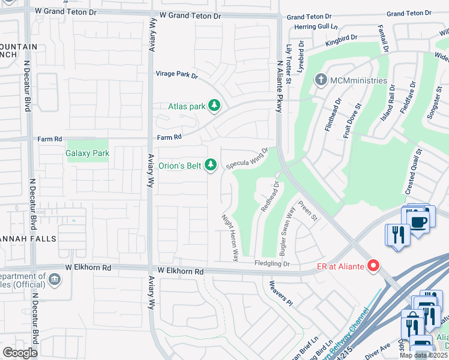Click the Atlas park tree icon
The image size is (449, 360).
tap(214, 106)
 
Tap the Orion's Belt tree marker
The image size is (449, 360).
tap(210, 164)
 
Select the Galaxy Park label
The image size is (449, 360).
tap(88, 154)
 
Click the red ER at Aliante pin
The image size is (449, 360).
tap(374, 265)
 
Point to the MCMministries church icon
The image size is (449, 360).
tap(321, 80)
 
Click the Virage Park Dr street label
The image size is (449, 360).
tap(177, 75)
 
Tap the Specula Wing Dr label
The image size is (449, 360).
tap(247, 159)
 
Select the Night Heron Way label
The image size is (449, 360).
tap(230, 238)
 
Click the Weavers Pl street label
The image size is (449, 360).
tap(280, 293)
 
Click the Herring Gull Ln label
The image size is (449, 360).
tap(313, 27)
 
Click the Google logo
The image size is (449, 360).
tap(20, 353)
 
